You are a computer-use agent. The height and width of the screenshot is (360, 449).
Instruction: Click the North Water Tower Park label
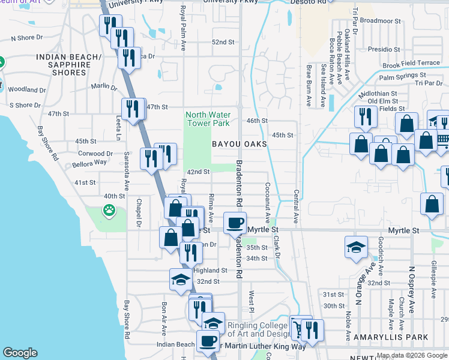[208, 119]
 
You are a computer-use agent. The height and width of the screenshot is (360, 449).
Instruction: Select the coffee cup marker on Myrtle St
[235, 223]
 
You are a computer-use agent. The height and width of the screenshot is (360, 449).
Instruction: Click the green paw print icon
[109, 210]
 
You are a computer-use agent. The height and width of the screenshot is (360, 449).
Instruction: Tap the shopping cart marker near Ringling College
[298, 328]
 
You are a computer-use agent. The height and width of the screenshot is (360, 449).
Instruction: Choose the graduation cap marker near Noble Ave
[356, 247]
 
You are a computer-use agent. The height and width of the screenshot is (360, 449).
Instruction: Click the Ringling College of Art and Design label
[259, 330]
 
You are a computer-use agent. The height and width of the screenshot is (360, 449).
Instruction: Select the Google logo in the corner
[20, 353]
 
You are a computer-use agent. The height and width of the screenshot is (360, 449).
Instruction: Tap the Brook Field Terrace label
[411, 63]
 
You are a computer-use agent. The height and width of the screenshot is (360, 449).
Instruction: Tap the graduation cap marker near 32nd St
[181, 279]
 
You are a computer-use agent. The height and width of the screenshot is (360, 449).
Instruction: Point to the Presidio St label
[383, 49]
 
